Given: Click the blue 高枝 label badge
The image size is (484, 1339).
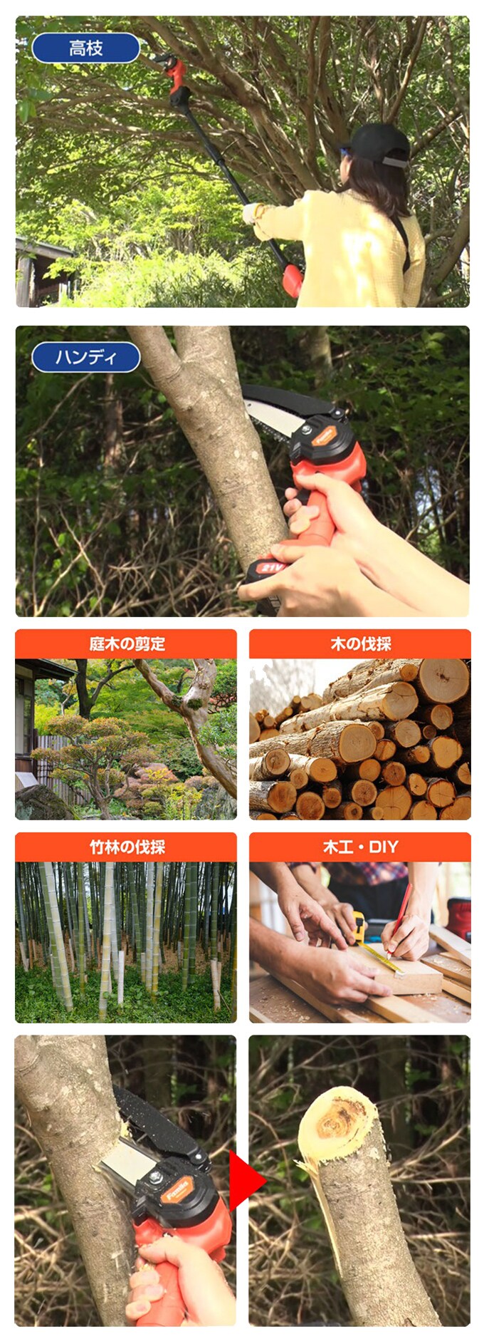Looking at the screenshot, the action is pyautogui.click(x=86, y=48).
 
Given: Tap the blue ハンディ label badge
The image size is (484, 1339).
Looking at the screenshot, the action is pyautogui.click(x=86, y=356).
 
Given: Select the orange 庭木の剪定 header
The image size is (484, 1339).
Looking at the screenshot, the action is pyautogui.click(x=126, y=644).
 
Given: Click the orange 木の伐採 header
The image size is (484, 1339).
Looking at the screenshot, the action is pyautogui.click(x=360, y=644).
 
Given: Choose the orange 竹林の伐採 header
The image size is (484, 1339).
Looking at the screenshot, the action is pyautogui.click(x=126, y=847).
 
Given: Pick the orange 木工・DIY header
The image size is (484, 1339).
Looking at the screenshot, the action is pyautogui.click(x=360, y=847).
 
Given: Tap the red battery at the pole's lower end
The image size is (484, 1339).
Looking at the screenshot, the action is pyautogui.click(x=292, y=280).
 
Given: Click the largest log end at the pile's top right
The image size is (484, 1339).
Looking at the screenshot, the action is pyautogui.click(x=443, y=680).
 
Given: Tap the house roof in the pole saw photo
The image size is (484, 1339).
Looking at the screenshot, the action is pyautogui.click(x=43, y=248).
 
